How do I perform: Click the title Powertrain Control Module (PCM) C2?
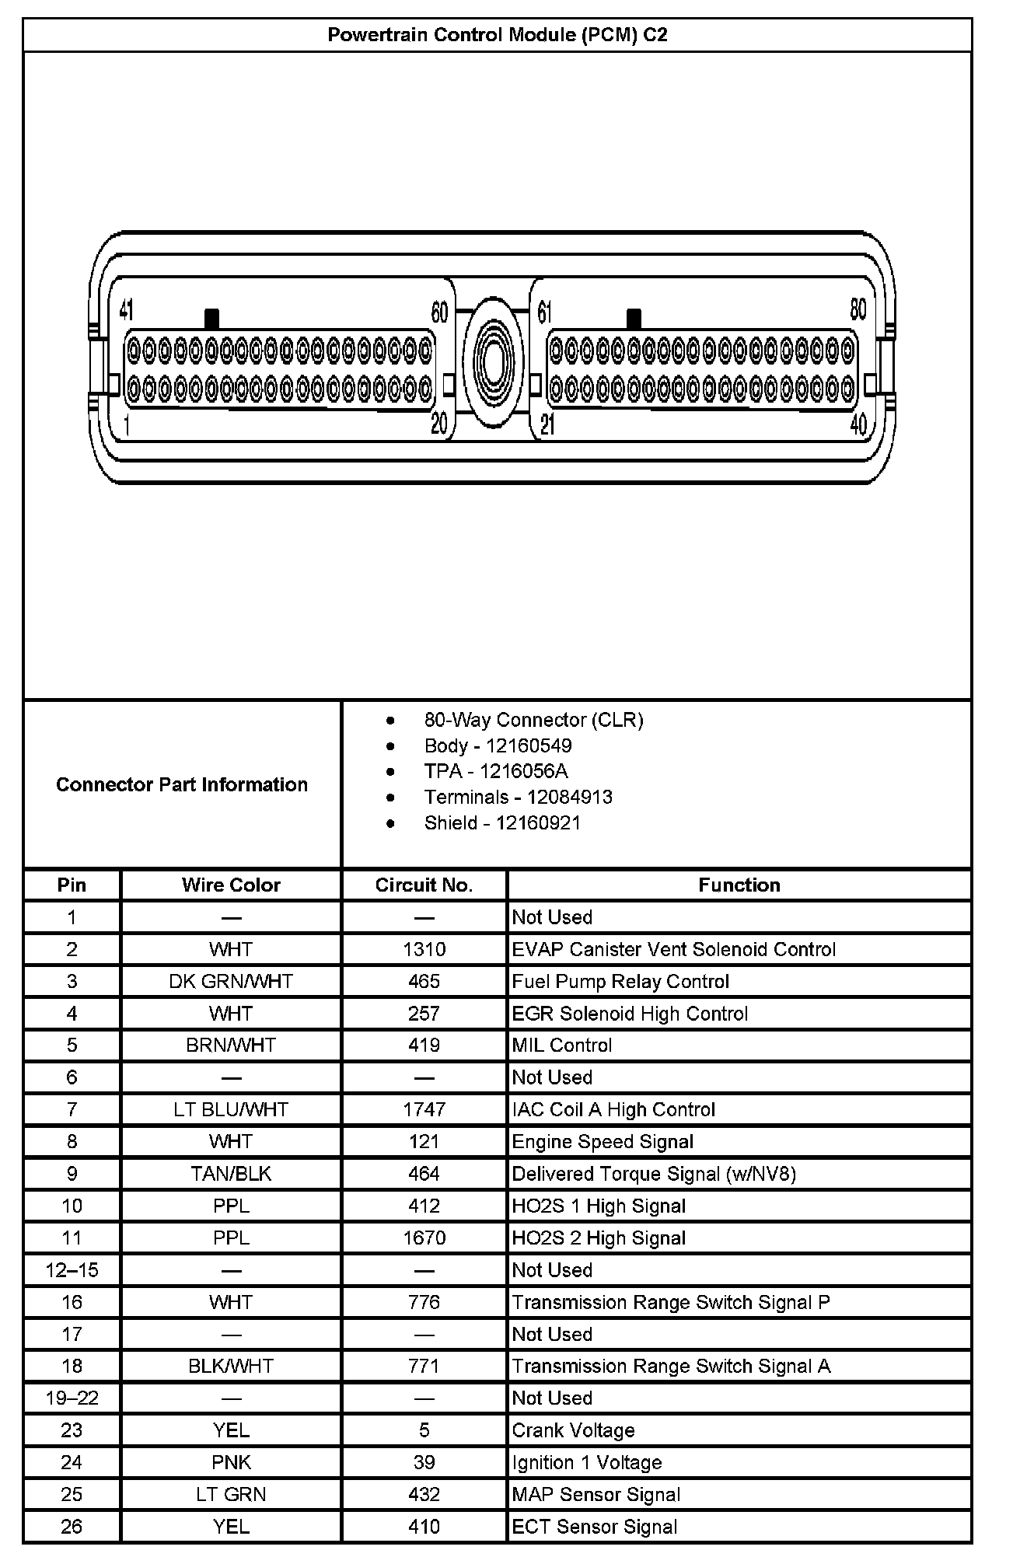(497, 35)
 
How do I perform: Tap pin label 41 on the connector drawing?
(127, 311)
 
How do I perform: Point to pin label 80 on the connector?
(858, 309)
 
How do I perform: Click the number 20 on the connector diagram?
(439, 424)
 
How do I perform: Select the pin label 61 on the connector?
(545, 312)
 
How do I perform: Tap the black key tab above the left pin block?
(211, 319)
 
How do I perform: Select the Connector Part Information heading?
(182, 784)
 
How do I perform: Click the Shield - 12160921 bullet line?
(502, 822)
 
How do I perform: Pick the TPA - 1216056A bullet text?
(496, 771)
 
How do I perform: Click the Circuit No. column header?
(424, 885)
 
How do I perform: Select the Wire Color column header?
(231, 885)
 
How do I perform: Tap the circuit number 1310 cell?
(424, 949)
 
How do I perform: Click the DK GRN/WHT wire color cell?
(231, 981)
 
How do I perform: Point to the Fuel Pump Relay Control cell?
(620, 981)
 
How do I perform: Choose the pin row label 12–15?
(72, 1270)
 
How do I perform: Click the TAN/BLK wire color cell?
(231, 1174)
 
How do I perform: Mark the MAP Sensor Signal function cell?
(596, 1494)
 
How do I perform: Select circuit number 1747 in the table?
(424, 1109)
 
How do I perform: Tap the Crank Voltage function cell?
(574, 1430)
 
